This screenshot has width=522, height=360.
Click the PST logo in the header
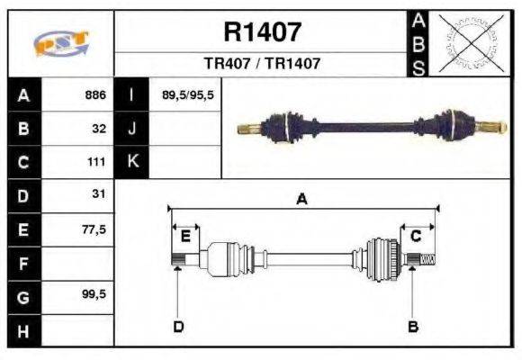point(60,44)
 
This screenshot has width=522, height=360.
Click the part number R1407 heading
point(262,33)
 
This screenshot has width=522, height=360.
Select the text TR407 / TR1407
point(262,65)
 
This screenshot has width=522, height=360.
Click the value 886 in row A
point(94,95)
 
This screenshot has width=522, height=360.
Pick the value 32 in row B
point(99,129)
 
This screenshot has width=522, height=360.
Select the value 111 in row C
point(96,163)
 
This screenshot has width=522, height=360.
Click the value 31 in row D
point(99,194)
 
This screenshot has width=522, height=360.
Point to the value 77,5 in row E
point(94,229)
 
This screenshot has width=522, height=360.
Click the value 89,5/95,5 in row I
point(187,95)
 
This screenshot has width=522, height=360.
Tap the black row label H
point(23,330)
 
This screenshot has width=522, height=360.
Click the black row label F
point(23,263)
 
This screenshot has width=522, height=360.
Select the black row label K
point(132,163)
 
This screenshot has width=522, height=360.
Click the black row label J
point(132,129)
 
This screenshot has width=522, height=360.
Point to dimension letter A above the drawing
point(301,200)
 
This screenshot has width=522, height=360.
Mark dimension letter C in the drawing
point(416,236)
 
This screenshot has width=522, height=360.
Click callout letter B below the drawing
point(413,326)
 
